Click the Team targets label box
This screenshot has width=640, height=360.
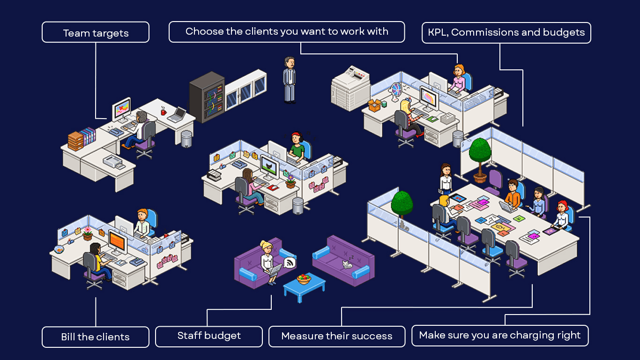click(x=96, y=33)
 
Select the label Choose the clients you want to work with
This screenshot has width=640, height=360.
click(x=287, y=32)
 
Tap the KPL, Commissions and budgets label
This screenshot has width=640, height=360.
click(x=506, y=33)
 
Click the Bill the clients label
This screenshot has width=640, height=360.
click(x=96, y=337)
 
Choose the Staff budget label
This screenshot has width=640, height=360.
click(x=209, y=336)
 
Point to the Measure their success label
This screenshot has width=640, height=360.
click(x=337, y=337)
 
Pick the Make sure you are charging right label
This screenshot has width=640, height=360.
click(x=500, y=336)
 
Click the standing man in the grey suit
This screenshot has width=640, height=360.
click(x=290, y=80)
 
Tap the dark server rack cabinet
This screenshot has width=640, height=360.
click(x=207, y=97)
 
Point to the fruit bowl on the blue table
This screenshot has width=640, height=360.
click(x=304, y=279)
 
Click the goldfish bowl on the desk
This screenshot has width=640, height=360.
click(x=59, y=249)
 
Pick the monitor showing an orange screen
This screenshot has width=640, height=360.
click(x=117, y=241)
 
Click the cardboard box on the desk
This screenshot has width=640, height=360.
click(x=374, y=105)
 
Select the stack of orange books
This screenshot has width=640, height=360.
click(x=75, y=141)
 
